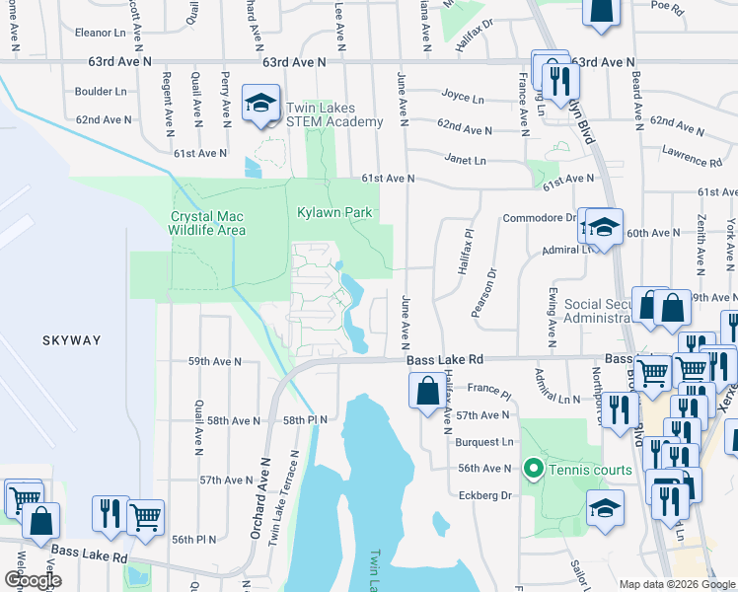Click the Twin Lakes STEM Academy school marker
(x=260, y=104)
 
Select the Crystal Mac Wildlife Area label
(x=207, y=223)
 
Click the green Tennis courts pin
(x=534, y=468)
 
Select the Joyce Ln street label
(x=463, y=99)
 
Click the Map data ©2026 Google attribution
(x=676, y=584)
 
